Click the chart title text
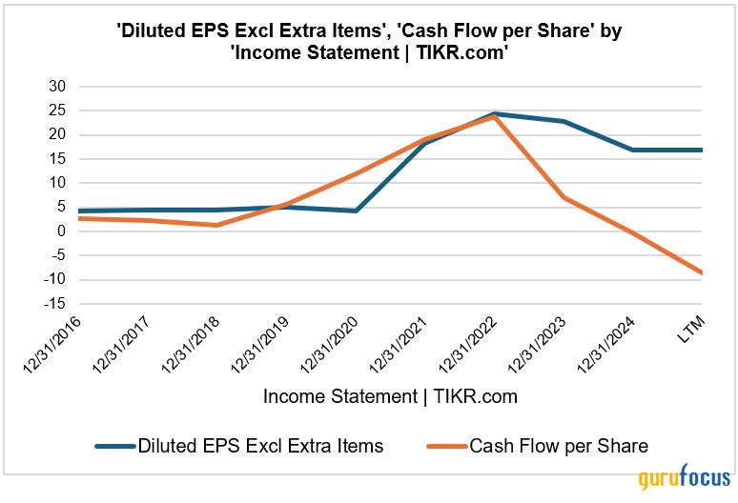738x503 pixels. coord(368,42)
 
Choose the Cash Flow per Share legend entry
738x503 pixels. coord(558,445)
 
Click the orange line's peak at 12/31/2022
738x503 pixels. coord(495,116)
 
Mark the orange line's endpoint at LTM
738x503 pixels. coord(702,272)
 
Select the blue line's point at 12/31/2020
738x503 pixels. coord(356,211)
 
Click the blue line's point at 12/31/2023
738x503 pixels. coord(564,121)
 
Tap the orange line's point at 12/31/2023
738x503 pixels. coord(564,197)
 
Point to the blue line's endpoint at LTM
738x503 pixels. coord(702,150)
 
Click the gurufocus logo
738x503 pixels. coord(685,478)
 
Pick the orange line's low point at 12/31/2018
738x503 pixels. coord(217,225)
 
